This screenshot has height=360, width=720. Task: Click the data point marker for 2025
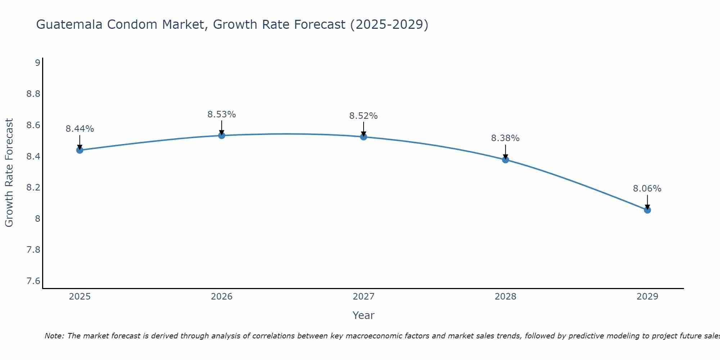click(x=80, y=150)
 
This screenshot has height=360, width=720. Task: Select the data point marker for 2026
click(x=222, y=135)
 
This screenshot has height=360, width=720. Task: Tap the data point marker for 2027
click(x=364, y=137)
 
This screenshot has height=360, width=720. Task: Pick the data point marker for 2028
click(x=505, y=159)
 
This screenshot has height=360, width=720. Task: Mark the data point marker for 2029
click(x=647, y=210)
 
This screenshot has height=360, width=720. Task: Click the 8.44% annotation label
click(x=80, y=129)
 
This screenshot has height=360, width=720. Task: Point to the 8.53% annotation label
click(x=222, y=114)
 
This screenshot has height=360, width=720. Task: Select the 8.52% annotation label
click(x=364, y=116)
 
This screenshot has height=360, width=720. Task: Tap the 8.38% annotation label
click(x=505, y=138)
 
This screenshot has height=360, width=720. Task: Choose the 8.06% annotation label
click(x=647, y=189)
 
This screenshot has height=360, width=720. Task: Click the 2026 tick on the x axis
click(x=222, y=297)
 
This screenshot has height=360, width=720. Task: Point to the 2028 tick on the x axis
click(x=505, y=297)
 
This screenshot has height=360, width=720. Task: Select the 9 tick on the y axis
click(x=37, y=63)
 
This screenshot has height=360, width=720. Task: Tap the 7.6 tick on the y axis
click(x=33, y=281)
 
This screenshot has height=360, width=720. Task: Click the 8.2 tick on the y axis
click(x=33, y=188)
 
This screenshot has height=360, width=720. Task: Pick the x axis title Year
click(x=364, y=315)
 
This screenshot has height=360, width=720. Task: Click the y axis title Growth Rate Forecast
click(x=9, y=173)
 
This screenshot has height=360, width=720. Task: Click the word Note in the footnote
click(x=54, y=336)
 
